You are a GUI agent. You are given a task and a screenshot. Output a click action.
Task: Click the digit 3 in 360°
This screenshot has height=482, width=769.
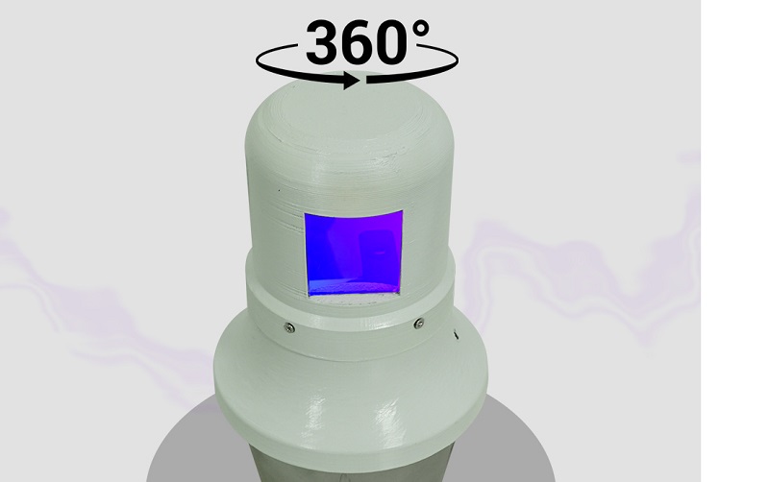(325, 42)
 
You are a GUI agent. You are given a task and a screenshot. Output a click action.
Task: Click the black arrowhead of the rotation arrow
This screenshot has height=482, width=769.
(351, 80)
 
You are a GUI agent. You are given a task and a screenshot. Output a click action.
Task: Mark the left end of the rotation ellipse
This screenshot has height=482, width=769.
(257, 61)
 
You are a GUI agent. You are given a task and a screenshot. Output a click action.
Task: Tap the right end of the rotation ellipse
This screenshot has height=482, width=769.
(458, 60)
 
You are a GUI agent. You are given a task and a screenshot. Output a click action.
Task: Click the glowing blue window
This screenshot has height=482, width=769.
(354, 252)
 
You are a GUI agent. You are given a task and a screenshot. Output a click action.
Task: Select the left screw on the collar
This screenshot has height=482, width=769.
(289, 327)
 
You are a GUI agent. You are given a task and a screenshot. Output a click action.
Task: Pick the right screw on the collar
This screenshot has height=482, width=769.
(419, 323)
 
